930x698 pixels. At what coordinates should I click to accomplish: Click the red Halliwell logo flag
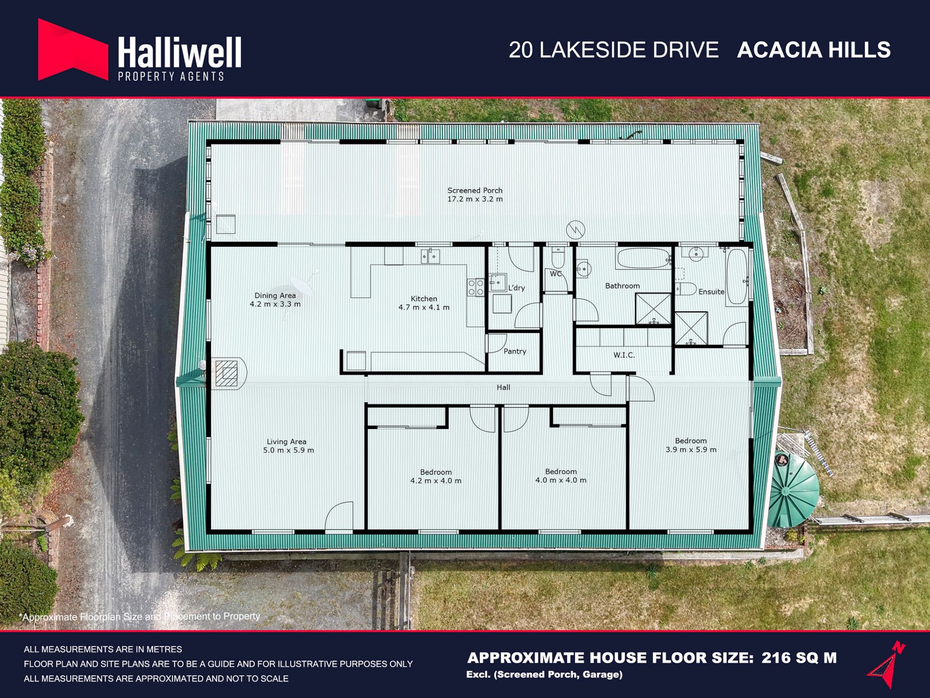[x=73, y=49]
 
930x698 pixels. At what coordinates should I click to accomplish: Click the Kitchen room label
[x=424, y=299]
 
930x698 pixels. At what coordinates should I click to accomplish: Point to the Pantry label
[x=515, y=351]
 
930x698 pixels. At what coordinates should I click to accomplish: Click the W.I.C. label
[x=624, y=355]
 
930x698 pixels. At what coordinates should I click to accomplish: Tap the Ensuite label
[x=712, y=292]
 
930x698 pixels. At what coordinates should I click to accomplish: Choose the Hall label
[x=503, y=387]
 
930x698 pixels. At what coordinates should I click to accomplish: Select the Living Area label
[x=286, y=442]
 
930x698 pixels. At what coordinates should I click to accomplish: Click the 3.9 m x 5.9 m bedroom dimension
[x=691, y=449]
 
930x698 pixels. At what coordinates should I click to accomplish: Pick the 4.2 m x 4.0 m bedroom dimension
[x=435, y=481]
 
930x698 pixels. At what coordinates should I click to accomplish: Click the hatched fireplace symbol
[x=226, y=373]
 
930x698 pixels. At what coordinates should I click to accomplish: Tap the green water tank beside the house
[x=793, y=491]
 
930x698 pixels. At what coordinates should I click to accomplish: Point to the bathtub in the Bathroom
[x=643, y=258]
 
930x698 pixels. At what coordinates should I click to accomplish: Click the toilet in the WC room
[x=558, y=258]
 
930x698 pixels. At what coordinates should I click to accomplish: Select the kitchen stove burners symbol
[x=476, y=287]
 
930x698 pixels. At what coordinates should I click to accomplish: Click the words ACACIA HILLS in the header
[x=814, y=50]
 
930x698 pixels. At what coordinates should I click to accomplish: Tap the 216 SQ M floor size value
[x=799, y=658]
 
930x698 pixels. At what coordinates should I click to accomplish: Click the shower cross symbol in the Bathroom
[x=653, y=308]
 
